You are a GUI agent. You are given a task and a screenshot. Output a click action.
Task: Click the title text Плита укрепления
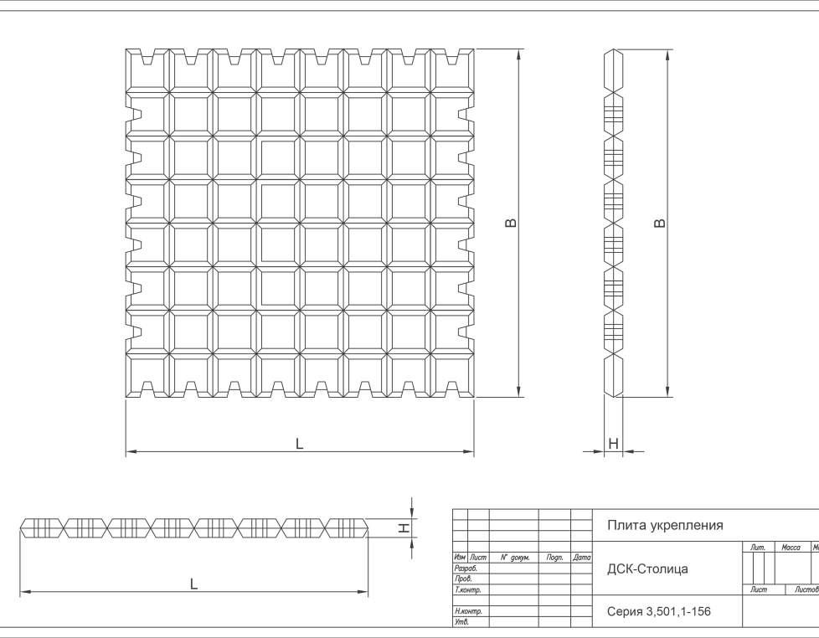[664, 526]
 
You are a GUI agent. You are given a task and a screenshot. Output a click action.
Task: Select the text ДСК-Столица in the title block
[647, 569]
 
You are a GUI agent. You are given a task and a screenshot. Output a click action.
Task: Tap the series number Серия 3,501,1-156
[658, 612]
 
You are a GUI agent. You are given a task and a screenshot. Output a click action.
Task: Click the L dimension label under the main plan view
[299, 445]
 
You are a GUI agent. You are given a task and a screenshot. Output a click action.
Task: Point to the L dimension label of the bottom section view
[193, 584]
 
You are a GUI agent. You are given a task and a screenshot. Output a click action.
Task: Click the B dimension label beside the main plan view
[512, 223]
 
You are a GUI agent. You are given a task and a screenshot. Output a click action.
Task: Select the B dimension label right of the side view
[660, 223]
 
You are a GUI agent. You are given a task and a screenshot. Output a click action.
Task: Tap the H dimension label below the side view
[613, 444]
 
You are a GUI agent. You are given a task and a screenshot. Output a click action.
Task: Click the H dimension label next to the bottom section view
[404, 527]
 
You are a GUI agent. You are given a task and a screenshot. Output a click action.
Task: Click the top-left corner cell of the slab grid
[148, 71]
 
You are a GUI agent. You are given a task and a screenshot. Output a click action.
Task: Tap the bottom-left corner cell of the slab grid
[148, 374]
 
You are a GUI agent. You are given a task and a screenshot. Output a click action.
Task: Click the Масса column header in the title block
[791, 548]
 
